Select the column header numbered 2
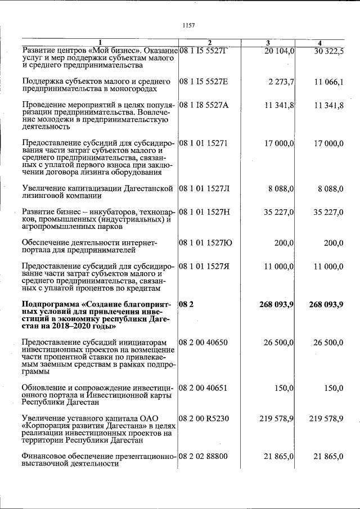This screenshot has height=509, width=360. point(209,43)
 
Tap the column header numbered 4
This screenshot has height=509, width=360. point(319,43)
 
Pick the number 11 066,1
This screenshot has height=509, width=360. point(329,82)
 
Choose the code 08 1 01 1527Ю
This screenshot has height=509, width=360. point(205,243)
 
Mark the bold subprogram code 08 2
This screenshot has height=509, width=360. point(186,304)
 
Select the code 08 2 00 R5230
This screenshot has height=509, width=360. point(204,419)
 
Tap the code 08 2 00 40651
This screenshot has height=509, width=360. point(204,388)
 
